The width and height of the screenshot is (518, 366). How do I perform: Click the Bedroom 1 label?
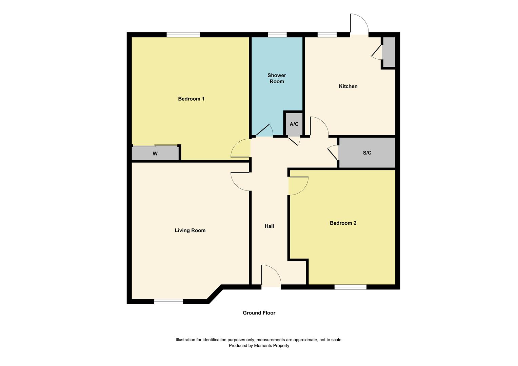point(191,99)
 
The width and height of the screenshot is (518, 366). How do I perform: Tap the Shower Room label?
point(277,78)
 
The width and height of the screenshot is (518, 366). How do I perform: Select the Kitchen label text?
point(348,86)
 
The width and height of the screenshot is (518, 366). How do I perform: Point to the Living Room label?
point(190,230)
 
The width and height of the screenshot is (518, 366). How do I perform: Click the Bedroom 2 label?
point(343,223)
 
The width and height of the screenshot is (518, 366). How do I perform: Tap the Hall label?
point(269,226)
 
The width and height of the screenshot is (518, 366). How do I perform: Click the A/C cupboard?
point(294,124)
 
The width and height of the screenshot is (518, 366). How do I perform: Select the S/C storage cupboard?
point(367,153)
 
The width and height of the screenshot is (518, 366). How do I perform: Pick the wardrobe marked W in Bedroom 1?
point(155,154)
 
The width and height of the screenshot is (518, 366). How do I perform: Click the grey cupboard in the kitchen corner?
point(389,52)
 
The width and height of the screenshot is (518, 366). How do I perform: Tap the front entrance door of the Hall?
point(271,276)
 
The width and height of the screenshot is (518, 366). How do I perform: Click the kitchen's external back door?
point(359,24)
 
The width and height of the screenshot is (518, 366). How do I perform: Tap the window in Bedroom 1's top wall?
point(183,35)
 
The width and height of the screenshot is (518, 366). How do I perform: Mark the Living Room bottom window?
point(168,302)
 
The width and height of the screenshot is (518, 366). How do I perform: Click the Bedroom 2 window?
point(350,287)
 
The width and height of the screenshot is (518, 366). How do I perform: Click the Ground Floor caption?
point(259,313)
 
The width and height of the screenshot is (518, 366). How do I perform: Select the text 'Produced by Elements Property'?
point(259,346)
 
